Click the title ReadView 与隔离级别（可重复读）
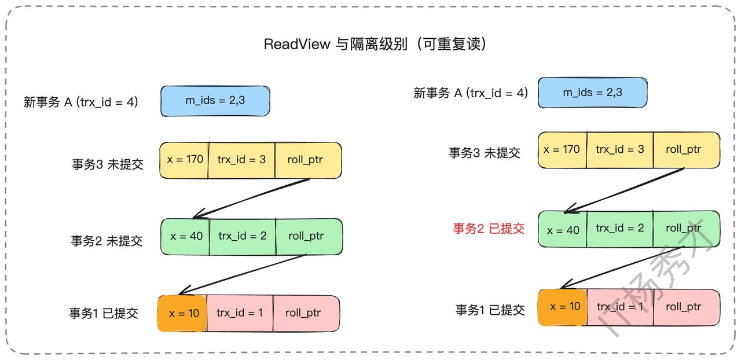[375, 45]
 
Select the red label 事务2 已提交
[489, 229]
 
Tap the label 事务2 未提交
[107, 241]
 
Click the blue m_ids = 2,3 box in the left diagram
[215, 101]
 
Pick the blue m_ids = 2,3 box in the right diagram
[592, 93]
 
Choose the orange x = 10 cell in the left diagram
[182, 313]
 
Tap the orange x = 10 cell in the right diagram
[562, 307]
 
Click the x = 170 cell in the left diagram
[185, 159]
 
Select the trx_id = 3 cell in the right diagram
[619, 149]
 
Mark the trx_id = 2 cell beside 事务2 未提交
[242, 236]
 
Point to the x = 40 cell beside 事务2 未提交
[186, 236]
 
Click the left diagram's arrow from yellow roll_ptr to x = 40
[251, 198]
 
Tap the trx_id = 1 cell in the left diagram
[239, 313]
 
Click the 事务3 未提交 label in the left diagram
[107, 164]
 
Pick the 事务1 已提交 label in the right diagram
[490, 310]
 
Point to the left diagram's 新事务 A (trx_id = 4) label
[81, 103]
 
